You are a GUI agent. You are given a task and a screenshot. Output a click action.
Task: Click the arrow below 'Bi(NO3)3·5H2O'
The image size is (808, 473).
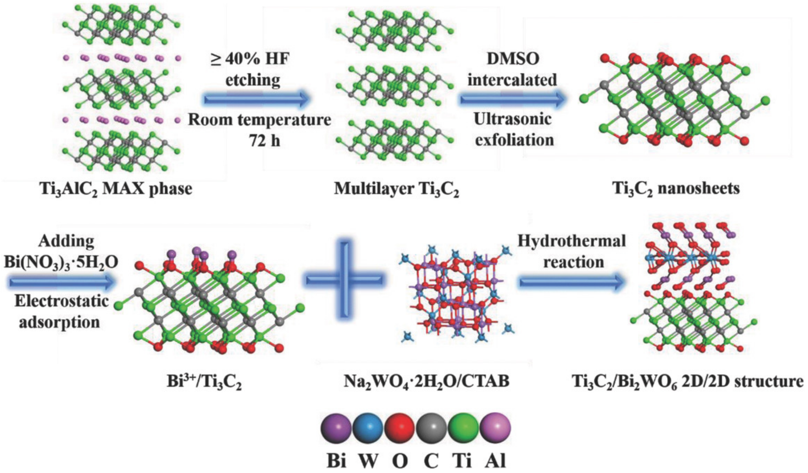pyautogui.click(x=61, y=282)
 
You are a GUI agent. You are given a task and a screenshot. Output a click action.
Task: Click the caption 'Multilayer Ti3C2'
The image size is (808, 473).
pyautogui.click(x=396, y=189)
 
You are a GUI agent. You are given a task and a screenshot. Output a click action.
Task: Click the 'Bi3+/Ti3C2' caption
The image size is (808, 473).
pyautogui.click(x=204, y=382)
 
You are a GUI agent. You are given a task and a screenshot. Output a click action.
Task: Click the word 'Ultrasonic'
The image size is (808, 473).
pyautogui.click(x=513, y=119)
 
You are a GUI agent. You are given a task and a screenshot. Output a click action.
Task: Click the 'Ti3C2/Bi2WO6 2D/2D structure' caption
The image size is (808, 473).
pyautogui.click(x=689, y=382)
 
